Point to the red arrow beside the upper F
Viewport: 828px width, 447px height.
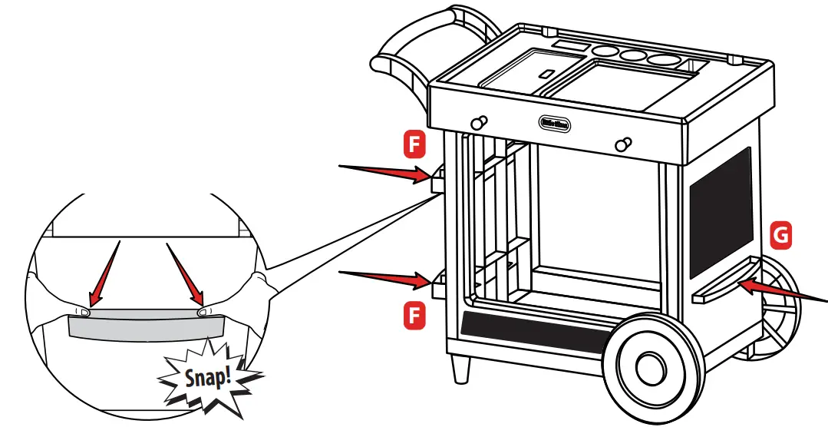tap(384, 171)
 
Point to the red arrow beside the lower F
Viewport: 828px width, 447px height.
tap(384, 278)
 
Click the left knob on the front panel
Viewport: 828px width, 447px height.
tap(478, 122)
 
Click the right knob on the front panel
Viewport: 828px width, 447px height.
tap(625, 143)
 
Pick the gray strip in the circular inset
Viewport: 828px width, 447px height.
tap(146, 324)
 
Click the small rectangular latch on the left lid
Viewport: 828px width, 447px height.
tap(546, 74)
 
